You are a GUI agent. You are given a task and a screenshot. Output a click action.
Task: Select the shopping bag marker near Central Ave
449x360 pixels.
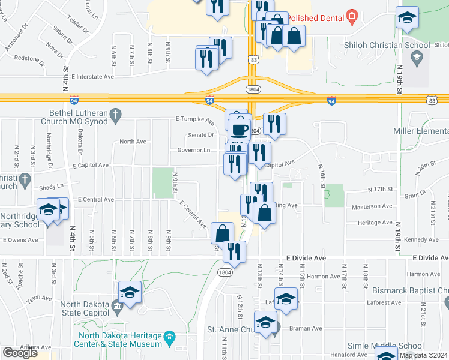pos(264,212)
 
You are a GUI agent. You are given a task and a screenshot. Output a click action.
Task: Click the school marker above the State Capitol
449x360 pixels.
pos(130,292)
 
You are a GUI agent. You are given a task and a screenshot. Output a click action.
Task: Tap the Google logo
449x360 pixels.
pos(20,352)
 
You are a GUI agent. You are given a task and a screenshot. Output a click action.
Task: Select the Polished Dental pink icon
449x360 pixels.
pos(352,16)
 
